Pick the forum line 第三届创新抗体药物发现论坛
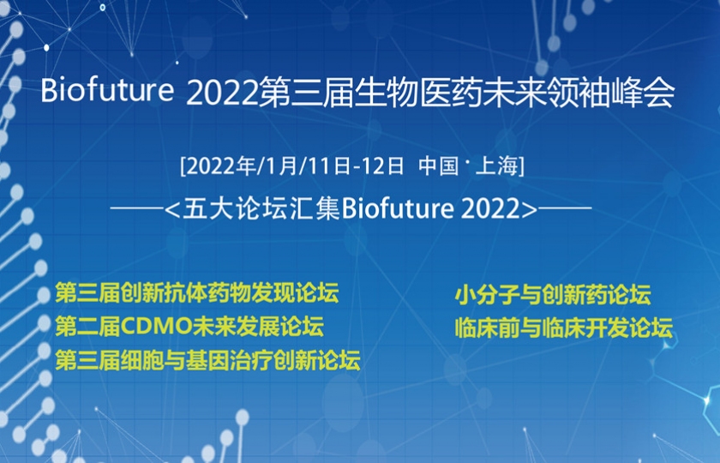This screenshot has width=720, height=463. pos(197,293)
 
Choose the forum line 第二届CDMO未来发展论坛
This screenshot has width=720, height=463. pos(189,327)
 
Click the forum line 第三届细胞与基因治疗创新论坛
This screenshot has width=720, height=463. pos(207,360)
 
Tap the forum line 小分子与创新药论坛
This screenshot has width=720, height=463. pos(553,295)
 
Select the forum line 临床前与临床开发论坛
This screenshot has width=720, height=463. pos(564,328)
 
